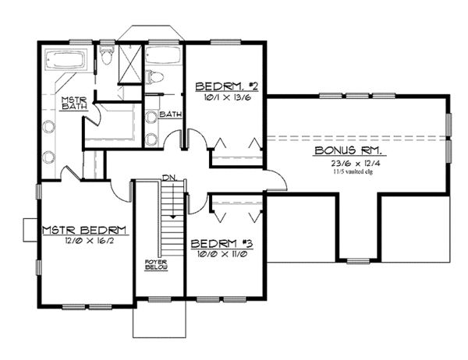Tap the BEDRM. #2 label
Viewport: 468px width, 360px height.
(x=222, y=86)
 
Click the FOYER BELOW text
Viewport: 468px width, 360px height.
(x=151, y=263)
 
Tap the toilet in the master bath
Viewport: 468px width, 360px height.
(x=108, y=58)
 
